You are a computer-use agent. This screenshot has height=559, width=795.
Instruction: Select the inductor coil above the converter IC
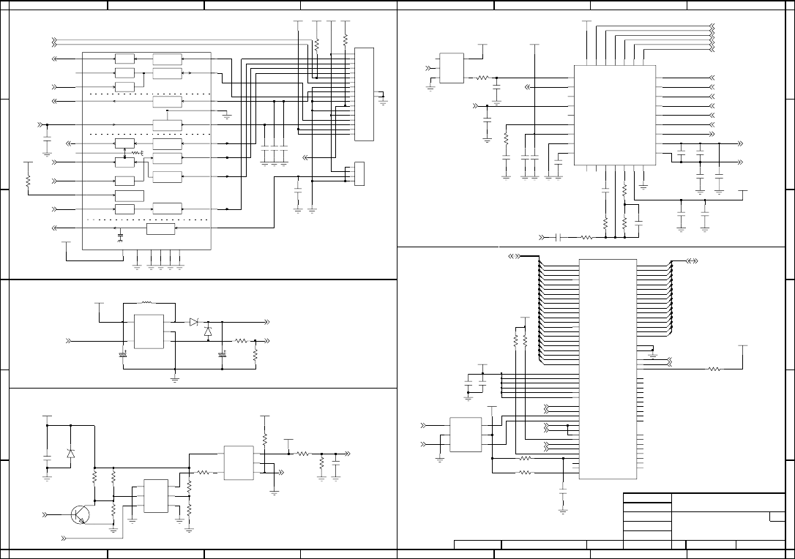click(146, 302)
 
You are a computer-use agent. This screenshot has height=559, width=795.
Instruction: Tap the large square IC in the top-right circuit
click(613, 114)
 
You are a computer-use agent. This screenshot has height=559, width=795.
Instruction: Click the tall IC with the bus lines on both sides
click(608, 369)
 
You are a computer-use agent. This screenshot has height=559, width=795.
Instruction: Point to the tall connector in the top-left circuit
click(364, 94)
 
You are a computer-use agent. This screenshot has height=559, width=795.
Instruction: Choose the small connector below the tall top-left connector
click(359, 173)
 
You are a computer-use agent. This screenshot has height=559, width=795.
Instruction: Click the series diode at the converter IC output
click(193, 322)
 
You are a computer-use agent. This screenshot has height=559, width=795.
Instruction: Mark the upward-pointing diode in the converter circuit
click(208, 331)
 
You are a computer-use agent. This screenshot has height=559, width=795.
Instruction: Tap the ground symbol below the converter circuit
click(175, 378)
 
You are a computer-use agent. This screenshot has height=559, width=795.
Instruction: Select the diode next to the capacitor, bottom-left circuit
click(70, 454)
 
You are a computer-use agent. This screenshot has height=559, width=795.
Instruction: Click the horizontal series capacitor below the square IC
click(558, 237)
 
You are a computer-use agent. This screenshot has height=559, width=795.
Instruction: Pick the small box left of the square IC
click(452, 68)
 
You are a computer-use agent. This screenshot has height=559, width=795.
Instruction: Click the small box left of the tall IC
click(466, 435)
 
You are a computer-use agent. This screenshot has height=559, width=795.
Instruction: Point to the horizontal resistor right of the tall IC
click(714, 369)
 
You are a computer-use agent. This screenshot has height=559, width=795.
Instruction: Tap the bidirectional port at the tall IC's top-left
click(515, 256)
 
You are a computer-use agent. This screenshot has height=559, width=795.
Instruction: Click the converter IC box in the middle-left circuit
click(149, 332)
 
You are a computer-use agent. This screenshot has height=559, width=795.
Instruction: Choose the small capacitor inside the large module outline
click(120, 236)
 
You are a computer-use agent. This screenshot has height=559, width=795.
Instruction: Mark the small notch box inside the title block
click(777, 517)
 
